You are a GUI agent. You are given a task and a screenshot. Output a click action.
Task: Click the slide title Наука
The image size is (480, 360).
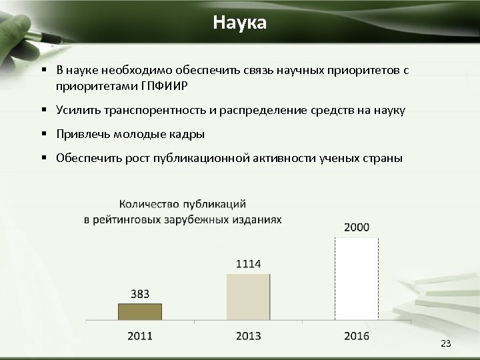[240, 23]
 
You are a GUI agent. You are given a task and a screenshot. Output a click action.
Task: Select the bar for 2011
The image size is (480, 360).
[140, 312]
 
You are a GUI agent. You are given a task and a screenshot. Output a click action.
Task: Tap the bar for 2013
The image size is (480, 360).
[248, 297]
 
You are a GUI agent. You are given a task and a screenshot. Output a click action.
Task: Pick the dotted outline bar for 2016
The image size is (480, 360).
[357, 279]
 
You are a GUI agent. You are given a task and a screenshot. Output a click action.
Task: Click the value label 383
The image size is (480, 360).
[140, 293]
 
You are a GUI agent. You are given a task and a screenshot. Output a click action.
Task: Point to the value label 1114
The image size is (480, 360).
[248, 264]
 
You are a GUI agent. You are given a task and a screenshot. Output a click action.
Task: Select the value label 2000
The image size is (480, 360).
[357, 227]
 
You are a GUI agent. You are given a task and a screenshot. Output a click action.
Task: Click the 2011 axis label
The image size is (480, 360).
[140, 335]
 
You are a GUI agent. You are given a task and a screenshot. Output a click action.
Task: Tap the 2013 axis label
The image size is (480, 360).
[248, 335]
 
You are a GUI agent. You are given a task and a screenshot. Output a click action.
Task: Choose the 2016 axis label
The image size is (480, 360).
[357, 335]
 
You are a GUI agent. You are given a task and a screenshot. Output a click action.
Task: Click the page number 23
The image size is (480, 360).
[446, 343]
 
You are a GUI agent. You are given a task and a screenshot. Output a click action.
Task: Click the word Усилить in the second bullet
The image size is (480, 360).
[77, 110]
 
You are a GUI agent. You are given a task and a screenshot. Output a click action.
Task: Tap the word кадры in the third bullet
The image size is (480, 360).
[188, 134]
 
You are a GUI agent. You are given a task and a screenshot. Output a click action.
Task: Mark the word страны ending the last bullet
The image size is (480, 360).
[383, 158]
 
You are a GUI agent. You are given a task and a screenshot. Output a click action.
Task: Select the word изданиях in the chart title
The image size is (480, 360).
[257, 219]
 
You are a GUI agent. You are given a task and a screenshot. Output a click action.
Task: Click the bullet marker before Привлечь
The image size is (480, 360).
[42, 134]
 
